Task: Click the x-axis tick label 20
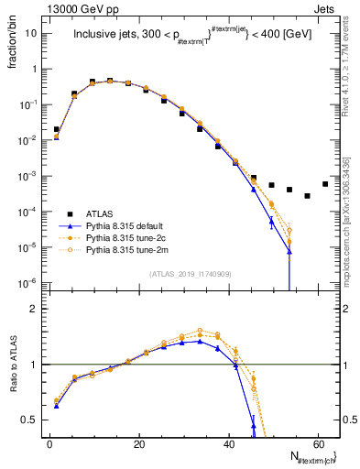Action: pyautogui.click(x=138, y=443)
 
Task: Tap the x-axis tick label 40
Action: pyautogui.click(x=228, y=443)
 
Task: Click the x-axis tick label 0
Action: pyautogui.click(x=49, y=443)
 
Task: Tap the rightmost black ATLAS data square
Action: pyautogui.click(x=325, y=183)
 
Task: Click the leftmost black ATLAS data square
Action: pyautogui.click(x=57, y=129)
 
